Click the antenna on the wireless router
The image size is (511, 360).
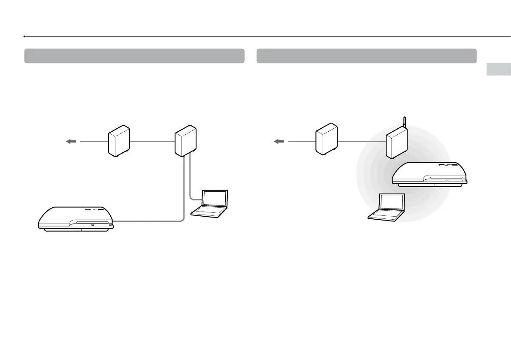click(404, 124)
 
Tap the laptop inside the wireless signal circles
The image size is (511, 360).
click(387, 208)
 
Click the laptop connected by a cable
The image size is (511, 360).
click(211, 203)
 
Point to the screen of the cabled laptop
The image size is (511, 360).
click(215, 198)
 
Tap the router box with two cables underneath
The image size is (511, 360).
click(186, 141)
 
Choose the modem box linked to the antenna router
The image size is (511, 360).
click(327, 138)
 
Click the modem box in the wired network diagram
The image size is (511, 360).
click(119, 140)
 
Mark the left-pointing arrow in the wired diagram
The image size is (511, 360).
click(71, 141)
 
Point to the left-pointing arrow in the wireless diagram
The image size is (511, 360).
click(280, 141)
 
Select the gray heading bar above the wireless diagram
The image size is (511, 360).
click(366, 56)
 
